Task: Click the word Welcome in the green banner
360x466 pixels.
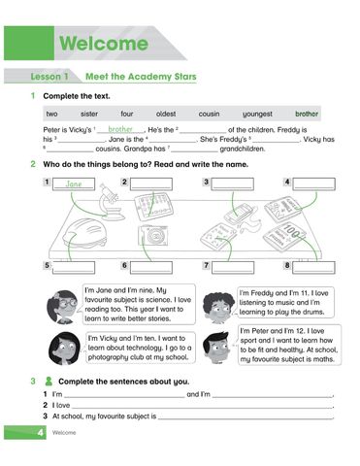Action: coord(102,44)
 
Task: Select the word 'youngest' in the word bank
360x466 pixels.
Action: coord(257,114)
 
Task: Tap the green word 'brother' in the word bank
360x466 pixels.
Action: coord(307,114)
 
